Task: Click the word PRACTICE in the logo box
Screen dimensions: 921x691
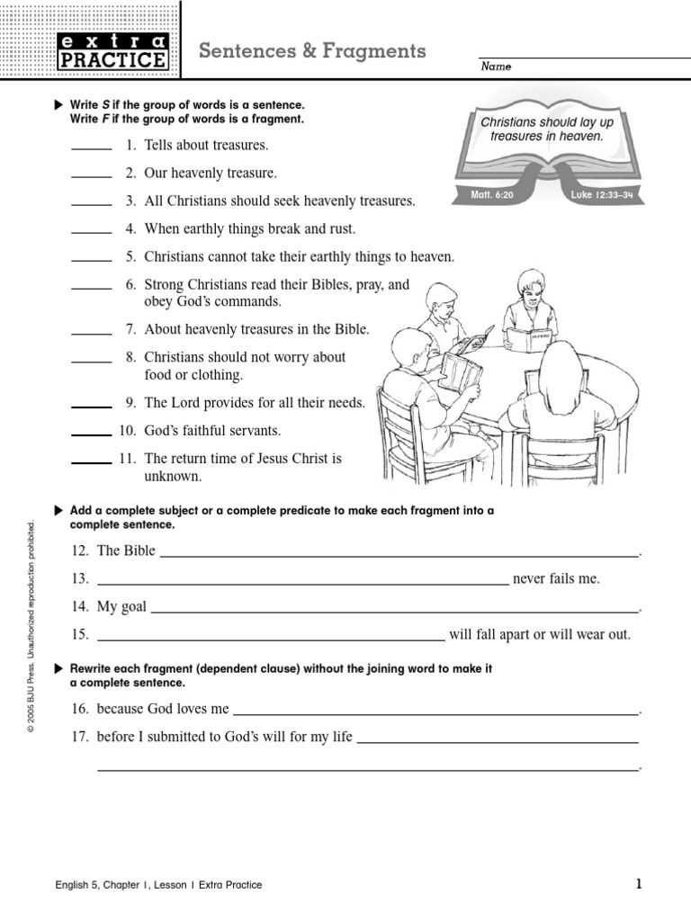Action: point(112,60)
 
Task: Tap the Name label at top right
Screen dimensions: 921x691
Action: point(495,67)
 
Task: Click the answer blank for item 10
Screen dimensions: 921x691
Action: point(91,434)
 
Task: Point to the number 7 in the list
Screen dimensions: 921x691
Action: point(130,330)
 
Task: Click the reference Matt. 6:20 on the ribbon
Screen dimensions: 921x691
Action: point(491,194)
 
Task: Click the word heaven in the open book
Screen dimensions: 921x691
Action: point(581,137)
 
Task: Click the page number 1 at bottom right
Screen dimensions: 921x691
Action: point(639,884)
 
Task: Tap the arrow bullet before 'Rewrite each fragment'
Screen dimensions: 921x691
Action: point(59,669)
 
